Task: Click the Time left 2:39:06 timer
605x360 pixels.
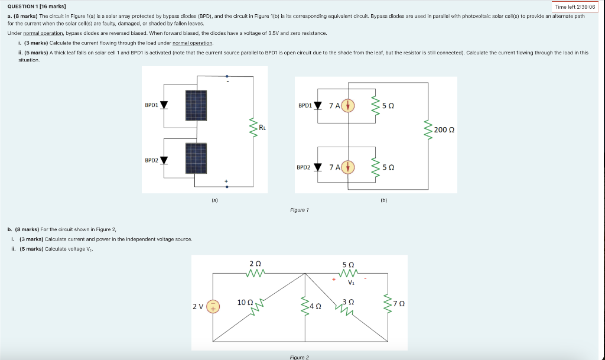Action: [575, 7]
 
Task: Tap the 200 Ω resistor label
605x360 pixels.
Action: [444, 129]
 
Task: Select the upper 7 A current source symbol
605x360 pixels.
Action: [349, 106]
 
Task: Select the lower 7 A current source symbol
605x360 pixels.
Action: [349, 167]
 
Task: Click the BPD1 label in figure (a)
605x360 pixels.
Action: [151, 105]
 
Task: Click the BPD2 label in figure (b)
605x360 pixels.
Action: [303, 167]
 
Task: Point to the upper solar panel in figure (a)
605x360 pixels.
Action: [196, 105]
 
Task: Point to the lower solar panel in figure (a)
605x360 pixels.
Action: [196, 159]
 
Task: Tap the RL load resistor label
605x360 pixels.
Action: [262, 126]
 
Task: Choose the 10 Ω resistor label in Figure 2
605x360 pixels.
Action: [245, 303]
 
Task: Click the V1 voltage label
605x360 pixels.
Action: [352, 282]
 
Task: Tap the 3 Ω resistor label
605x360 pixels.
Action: [347, 302]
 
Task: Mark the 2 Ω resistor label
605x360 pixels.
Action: [255, 263]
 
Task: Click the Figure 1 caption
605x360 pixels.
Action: [300, 210]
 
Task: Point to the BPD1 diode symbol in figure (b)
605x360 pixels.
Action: [318, 106]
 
